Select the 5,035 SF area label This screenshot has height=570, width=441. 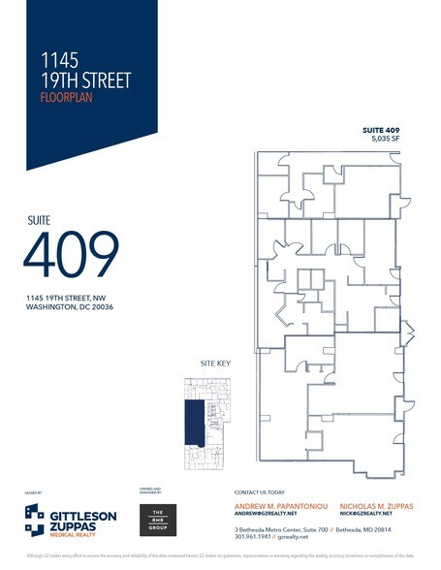coord(386,140)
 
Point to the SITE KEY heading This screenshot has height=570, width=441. coord(214,363)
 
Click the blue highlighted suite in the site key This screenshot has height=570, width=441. coord(193,421)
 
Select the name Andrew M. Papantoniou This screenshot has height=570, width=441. coord(279,507)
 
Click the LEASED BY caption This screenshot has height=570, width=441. coord(32,493)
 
